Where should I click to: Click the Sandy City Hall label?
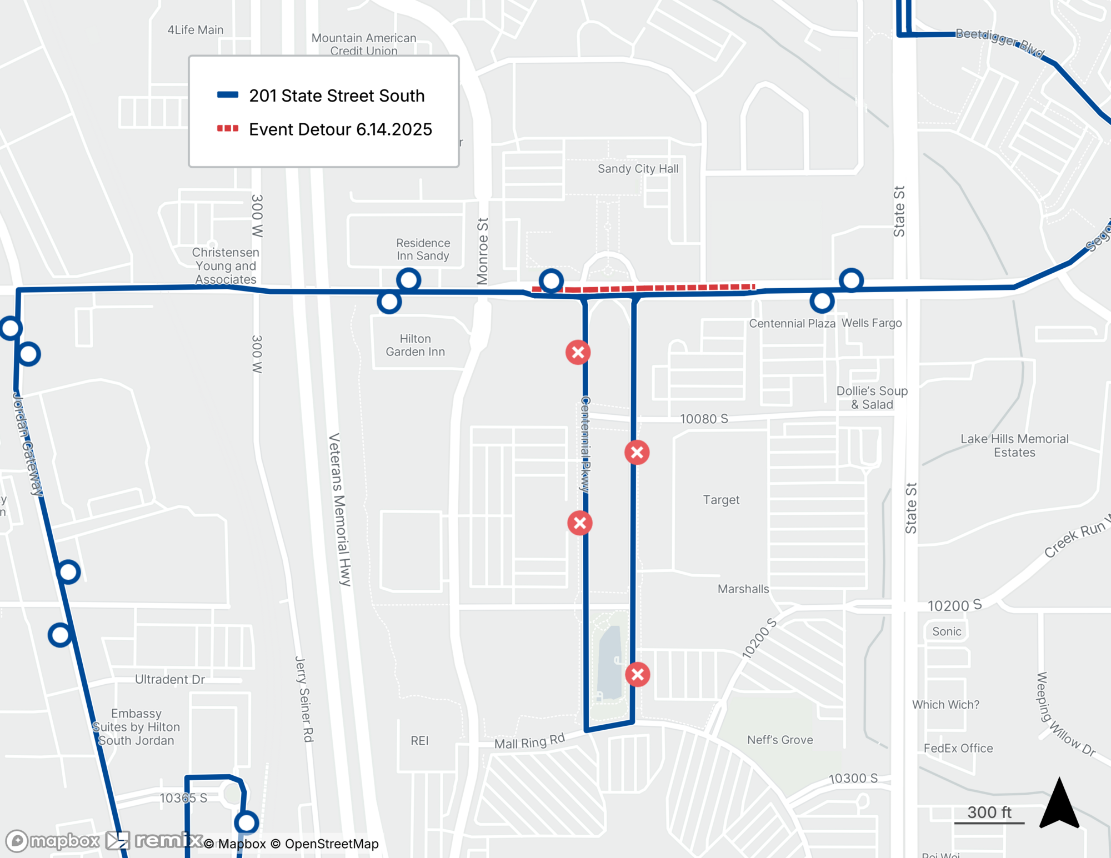(638, 169)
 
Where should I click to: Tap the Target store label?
(721, 500)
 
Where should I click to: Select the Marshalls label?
(743, 589)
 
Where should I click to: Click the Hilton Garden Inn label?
(415, 345)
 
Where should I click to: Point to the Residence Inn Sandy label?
(423, 249)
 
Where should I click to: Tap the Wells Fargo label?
(872, 323)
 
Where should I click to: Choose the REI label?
(419, 741)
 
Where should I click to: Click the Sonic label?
(947, 631)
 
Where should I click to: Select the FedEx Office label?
(958, 749)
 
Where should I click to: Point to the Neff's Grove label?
(780, 740)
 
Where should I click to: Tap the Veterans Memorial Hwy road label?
(340, 509)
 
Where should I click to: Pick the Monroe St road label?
(483, 251)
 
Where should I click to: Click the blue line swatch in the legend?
(228, 95)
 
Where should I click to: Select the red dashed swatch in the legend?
(228, 129)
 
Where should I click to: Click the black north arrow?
(1059, 805)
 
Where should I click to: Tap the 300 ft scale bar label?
(989, 812)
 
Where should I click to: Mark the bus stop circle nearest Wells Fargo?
(851, 280)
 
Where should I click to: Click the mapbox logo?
(53, 841)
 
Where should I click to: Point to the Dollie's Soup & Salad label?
(872, 398)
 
